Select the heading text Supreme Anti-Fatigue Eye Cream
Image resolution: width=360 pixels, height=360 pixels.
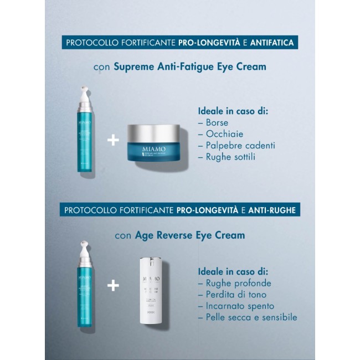(x=189, y=66)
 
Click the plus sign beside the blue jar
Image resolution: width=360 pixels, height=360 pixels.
(x=113, y=140)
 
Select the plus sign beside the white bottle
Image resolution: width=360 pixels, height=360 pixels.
(x=113, y=286)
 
